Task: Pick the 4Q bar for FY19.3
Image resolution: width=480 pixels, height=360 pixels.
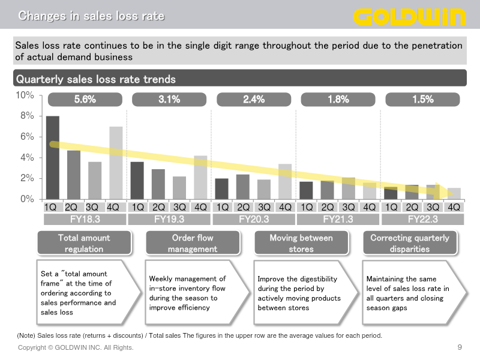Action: point(200,178)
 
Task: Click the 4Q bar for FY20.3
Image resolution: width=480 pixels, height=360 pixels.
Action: point(285,182)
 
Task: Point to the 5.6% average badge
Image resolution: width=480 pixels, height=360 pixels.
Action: point(85,100)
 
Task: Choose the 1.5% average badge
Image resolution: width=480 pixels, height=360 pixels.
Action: point(423,100)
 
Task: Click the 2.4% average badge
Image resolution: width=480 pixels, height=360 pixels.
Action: point(254,100)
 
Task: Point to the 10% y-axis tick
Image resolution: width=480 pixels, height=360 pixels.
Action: point(25,95)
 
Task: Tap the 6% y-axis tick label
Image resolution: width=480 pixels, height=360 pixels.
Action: point(26,137)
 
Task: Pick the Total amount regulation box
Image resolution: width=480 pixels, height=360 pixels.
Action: point(85,243)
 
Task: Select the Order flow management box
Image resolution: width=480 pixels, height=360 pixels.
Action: point(193,243)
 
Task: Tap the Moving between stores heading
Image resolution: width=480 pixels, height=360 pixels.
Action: point(301,243)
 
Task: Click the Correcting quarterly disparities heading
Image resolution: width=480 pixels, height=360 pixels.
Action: point(410,243)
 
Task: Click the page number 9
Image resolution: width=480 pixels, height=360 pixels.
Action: point(460,347)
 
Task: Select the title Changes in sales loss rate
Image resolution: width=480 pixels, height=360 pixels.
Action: point(91,16)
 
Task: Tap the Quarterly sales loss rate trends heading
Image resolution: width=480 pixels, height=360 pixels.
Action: point(96,79)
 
